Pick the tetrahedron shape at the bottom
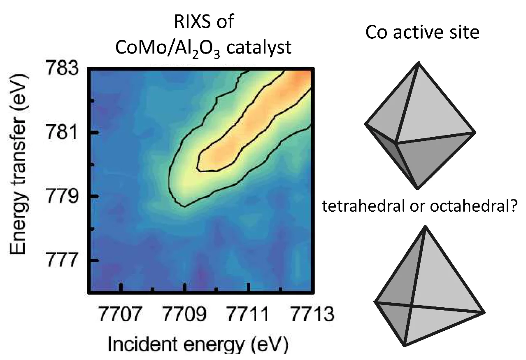pyautogui.click(x=424, y=292)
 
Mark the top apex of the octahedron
pyautogui.click(x=419, y=63)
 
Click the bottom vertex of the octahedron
pyautogui.click(x=417, y=188)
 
